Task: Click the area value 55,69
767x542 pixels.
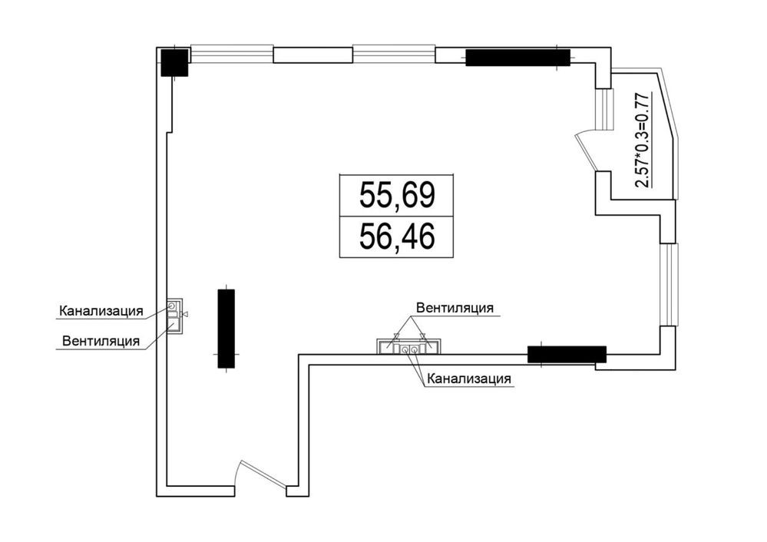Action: click(397, 195)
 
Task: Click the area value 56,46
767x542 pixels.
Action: click(397, 236)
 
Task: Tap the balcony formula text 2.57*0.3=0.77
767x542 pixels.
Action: click(643, 140)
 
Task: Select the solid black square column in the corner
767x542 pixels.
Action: click(175, 63)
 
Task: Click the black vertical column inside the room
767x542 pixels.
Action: click(226, 328)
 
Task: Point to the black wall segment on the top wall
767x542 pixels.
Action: click(517, 58)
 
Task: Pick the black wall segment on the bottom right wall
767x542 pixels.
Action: click(567, 354)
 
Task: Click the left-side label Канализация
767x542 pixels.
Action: click(101, 311)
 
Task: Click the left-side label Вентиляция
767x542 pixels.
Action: click(101, 341)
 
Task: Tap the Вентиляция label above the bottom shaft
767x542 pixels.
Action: click(455, 308)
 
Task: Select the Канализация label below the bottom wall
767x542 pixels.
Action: click(469, 378)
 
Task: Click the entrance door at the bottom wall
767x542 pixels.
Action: click(261, 474)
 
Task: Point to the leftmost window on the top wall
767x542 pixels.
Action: click(231, 54)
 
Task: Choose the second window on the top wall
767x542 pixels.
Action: click(394, 54)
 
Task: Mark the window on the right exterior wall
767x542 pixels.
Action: click(669, 284)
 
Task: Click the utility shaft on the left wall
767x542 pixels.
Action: click(174, 316)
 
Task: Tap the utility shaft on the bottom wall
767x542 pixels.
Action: click(409, 346)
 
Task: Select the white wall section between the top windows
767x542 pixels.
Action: click(312, 55)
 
